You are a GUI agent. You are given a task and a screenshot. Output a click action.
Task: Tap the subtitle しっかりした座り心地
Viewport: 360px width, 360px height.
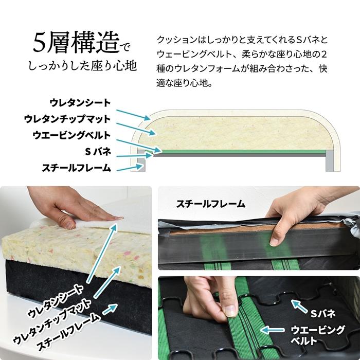pos(82,66)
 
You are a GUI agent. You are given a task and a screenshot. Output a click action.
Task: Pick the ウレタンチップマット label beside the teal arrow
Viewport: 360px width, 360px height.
pos(67,119)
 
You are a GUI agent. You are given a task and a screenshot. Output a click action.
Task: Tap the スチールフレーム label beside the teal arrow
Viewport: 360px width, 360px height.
pos(76,168)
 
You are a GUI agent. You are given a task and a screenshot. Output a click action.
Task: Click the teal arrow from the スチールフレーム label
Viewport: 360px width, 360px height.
pos(129,167)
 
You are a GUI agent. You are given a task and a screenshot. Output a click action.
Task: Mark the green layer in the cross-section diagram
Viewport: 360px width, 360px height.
pos(242,152)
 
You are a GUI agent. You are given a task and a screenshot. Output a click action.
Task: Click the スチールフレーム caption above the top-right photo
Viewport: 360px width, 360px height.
pos(211,204)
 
